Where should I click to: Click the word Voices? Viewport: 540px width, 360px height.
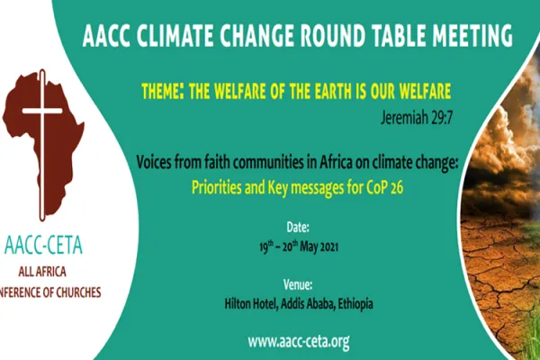click(x=157, y=165)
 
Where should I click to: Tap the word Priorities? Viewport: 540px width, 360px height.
click(x=223, y=186)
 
